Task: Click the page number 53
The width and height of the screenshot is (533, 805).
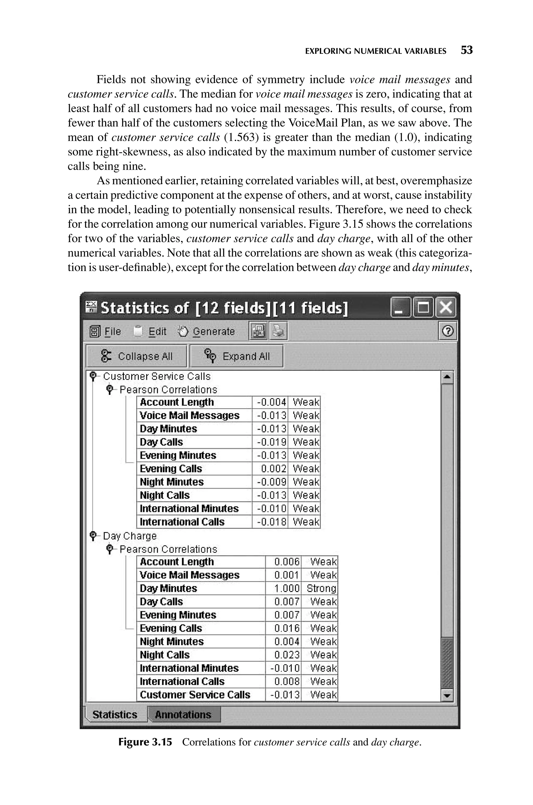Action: click(x=466, y=50)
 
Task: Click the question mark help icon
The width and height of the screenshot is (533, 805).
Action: click(x=447, y=331)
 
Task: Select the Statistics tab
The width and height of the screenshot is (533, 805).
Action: click(x=115, y=715)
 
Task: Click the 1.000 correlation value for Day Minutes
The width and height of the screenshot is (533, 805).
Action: click(x=287, y=588)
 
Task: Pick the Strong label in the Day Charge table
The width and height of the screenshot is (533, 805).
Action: click(x=321, y=588)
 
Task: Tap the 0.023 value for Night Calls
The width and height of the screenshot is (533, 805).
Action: click(x=287, y=655)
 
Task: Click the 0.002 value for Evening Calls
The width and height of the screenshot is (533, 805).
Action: click(x=273, y=468)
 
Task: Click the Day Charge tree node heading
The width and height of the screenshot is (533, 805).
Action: click(x=130, y=536)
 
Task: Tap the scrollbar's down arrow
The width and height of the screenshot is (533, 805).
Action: click(x=447, y=696)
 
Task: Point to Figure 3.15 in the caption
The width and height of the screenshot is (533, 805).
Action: click(x=145, y=742)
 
